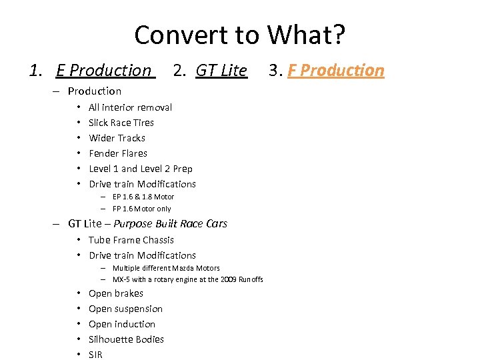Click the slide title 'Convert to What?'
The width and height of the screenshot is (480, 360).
click(x=239, y=35)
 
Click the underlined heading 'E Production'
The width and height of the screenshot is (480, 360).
click(x=104, y=70)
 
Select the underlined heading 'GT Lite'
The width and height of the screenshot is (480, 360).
click(x=221, y=70)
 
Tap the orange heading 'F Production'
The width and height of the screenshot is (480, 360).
click(x=336, y=70)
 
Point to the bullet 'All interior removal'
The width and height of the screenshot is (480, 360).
click(x=130, y=107)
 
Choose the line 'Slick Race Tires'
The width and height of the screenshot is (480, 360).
click(x=121, y=123)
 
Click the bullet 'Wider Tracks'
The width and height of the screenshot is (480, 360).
click(x=117, y=138)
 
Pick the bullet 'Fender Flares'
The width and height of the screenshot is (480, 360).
click(x=118, y=153)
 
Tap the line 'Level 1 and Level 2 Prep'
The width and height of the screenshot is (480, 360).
click(x=140, y=169)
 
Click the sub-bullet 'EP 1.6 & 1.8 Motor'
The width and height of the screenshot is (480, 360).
click(x=143, y=197)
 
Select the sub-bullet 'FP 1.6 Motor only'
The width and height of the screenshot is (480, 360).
click(x=141, y=209)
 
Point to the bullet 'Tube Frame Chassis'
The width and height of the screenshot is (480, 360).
click(x=131, y=240)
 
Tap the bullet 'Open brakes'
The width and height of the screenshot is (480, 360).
click(x=116, y=293)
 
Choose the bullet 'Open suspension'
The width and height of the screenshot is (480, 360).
click(x=125, y=309)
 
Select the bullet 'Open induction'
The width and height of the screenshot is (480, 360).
click(x=122, y=324)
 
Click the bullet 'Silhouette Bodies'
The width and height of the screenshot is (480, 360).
click(x=126, y=339)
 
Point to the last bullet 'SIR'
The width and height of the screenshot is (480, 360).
click(x=95, y=355)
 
